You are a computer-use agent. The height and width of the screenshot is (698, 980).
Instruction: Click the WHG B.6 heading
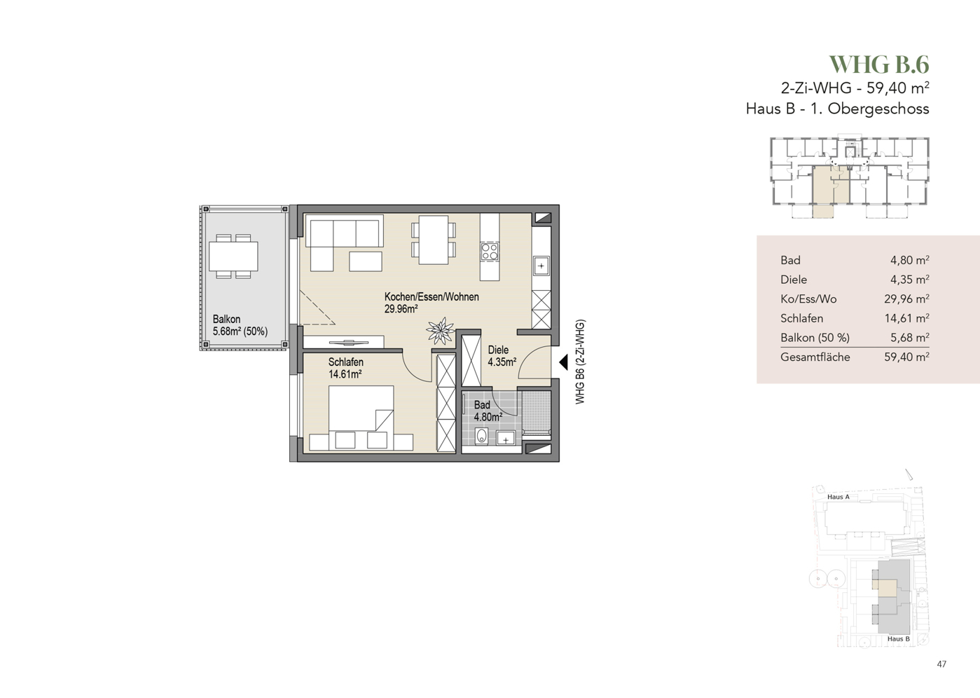(x=879, y=64)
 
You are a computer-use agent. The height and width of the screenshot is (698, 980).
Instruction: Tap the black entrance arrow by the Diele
(x=564, y=362)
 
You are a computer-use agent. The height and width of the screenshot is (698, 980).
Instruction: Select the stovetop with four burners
(x=490, y=252)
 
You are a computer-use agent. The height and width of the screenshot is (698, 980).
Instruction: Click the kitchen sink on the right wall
(x=541, y=265)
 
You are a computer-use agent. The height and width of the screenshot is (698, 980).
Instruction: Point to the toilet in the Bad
(x=481, y=436)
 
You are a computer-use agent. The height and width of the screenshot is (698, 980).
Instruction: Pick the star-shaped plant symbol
(x=441, y=330)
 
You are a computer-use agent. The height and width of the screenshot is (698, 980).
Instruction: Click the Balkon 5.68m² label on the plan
(x=240, y=325)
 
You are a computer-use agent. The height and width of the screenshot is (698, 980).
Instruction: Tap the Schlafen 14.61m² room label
(x=345, y=368)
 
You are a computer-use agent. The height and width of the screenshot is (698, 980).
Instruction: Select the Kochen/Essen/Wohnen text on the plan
(x=432, y=296)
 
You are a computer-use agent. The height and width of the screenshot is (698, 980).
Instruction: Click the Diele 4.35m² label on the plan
(x=502, y=356)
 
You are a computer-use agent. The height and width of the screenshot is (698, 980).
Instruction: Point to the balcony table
(x=233, y=256)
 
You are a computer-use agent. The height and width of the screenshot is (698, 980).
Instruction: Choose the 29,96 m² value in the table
(x=906, y=299)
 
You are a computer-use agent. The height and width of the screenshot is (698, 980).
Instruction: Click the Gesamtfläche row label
(x=815, y=357)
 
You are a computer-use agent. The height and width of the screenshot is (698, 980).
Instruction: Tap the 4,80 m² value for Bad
(x=909, y=260)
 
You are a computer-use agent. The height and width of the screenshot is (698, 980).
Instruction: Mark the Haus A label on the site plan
(x=838, y=497)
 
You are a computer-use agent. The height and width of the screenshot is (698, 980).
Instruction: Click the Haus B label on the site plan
(x=898, y=638)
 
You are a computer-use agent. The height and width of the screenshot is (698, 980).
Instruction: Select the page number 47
(x=941, y=664)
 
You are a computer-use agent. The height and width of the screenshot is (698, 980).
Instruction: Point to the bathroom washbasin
(x=505, y=437)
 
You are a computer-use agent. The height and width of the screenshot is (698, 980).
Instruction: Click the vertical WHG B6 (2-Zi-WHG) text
(x=580, y=362)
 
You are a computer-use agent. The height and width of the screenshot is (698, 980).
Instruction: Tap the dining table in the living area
(x=433, y=240)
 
